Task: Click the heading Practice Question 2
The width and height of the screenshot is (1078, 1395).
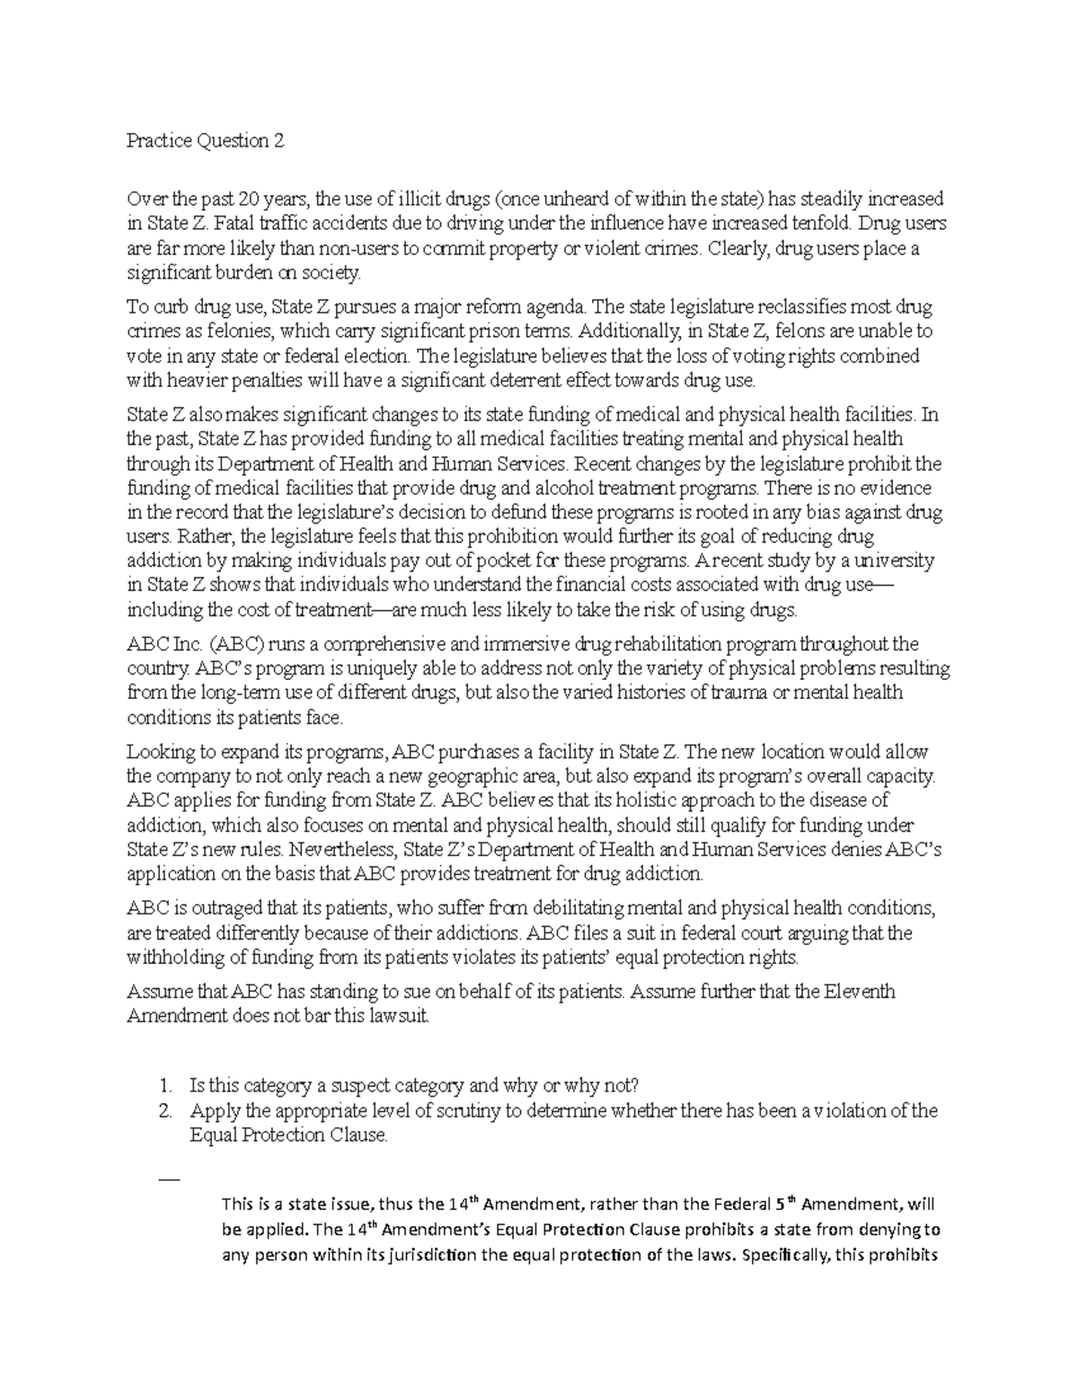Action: (x=206, y=141)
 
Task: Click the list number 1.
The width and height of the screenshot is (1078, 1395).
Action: (x=163, y=1085)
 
